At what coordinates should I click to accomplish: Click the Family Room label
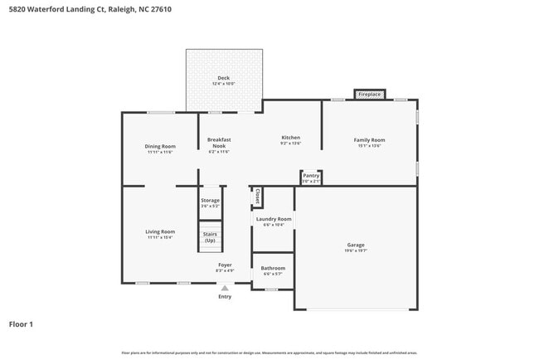[369, 140]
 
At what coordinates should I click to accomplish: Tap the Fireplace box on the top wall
[369, 95]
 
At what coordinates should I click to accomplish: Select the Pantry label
[311, 176]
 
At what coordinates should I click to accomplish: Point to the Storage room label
[211, 200]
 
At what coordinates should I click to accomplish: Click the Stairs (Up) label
[211, 236]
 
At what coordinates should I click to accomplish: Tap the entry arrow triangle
[224, 287]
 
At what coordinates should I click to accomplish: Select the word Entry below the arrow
[224, 296]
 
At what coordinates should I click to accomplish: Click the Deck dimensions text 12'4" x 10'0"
[224, 84]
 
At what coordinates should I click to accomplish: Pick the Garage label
[356, 245]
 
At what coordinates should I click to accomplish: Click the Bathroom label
[273, 268]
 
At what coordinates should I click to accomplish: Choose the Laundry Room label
[273, 219]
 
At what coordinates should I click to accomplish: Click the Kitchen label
[290, 138]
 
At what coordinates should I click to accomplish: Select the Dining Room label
[160, 146]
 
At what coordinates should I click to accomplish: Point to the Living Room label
[160, 231]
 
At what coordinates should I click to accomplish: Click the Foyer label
[225, 265]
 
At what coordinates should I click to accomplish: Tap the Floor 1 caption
[21, 324]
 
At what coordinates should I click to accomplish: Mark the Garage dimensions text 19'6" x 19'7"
[356, 251]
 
